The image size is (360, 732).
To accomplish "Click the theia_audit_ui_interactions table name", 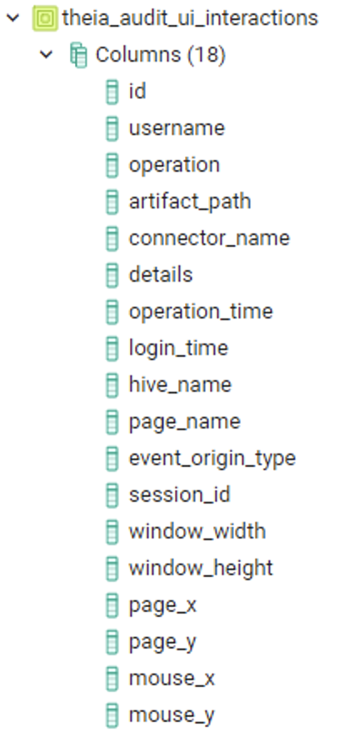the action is (190, 18).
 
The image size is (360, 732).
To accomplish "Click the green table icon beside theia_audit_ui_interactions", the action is (45, 18).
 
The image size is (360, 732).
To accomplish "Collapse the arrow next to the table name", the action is (13, 18).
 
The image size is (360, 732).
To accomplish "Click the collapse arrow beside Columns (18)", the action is (46, 55).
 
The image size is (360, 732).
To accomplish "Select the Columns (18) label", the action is (161, 55).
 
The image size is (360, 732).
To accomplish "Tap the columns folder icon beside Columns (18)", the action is (78, 55).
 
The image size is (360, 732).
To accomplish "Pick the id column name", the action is (137, 91).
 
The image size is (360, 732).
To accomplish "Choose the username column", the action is (177, 128).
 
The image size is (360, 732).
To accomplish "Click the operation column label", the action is (174, 165).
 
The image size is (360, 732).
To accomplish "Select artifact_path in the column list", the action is (190, 202).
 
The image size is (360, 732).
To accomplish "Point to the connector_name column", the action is (209, 238).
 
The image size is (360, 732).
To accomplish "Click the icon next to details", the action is (112, 275).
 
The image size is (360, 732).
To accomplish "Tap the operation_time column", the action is (201, 311).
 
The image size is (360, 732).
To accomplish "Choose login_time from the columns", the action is (178, 348).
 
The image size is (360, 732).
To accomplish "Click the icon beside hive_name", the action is (112, 384).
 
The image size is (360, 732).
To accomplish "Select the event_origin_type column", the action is (212, 459).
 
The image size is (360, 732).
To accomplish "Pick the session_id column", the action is (180, 495).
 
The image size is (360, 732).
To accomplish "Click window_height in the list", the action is (201, 568).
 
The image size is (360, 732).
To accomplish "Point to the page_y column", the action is (162, 642).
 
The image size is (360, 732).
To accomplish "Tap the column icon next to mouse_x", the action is (112, 678).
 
